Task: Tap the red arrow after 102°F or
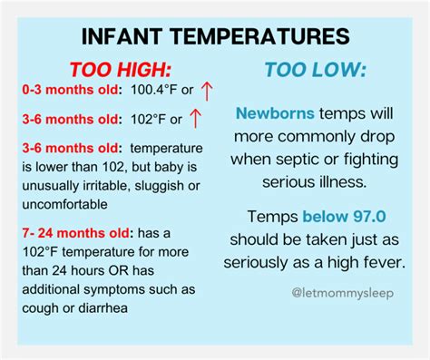(x=193, y=119)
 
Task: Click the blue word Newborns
(x=272, y=114)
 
